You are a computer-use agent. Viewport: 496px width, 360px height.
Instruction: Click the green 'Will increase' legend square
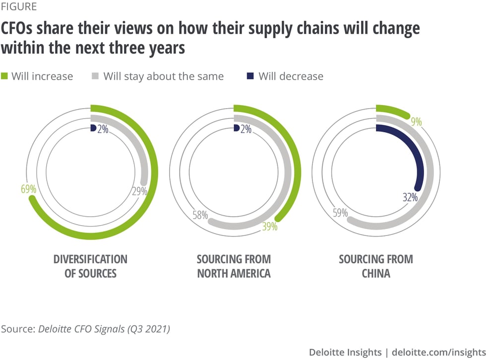pyautogui.click(x=5, y=76)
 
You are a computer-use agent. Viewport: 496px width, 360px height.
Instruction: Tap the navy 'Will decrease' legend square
pyautogui.click(x=250, y=76)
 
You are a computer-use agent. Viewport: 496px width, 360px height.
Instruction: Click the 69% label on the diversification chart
pyautogui.click(x=27, y=189)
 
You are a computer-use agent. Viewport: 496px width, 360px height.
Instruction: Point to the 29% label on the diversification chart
pyautogui.click(x=140, y=191)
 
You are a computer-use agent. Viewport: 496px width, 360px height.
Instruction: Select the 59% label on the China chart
pyautogui.click(x=340, y=214)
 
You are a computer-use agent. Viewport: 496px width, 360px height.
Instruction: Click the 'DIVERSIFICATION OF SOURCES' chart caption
pyautogui.click(x=90, y=266)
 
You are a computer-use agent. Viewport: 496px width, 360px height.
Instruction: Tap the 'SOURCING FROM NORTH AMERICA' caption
pyautogui.click(x=234, y=266)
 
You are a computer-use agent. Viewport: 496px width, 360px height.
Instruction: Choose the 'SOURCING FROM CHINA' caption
pyautogui.click(x=376, y=266)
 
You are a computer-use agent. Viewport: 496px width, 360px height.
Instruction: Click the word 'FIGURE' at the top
pyautogui.click(x=18, y=7)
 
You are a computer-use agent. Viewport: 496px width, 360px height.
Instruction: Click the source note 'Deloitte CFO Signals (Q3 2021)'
pyautogui.click(x=104, y=329)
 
